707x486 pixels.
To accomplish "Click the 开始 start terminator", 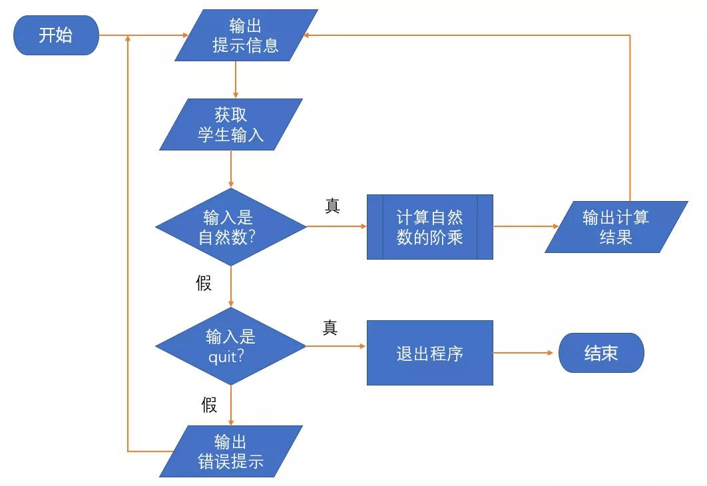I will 56,35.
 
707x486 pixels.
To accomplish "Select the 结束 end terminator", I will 600,353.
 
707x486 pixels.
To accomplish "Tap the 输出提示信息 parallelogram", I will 246,35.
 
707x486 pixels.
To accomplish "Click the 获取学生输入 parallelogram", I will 230,124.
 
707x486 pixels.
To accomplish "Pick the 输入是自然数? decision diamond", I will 230,227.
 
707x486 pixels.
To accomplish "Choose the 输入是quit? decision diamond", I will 230,346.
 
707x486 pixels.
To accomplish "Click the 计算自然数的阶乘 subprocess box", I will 429,227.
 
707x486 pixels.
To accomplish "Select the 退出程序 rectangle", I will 429,353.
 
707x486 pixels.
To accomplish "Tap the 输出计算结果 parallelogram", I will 616,227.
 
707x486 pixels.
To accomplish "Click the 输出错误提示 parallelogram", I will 230,451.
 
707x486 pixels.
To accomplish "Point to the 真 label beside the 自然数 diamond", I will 332,206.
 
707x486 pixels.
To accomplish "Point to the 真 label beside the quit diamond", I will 330,328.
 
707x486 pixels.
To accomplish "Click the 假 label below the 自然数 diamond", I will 204,284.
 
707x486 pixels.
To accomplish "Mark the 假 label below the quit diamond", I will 209,405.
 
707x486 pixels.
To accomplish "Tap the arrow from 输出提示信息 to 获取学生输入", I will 235,80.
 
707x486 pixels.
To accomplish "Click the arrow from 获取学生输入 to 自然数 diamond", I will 230,169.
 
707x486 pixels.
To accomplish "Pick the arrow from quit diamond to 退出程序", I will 336,346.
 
